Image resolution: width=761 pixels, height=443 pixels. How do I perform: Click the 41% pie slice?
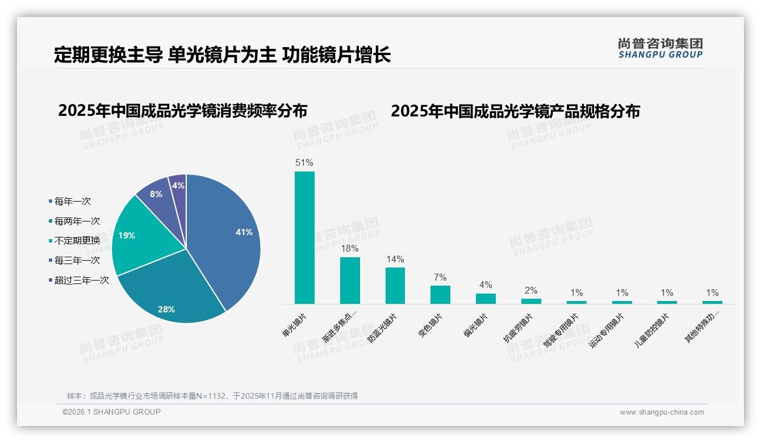coord(227,233)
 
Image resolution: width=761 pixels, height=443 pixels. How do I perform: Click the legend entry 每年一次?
coord(72,201)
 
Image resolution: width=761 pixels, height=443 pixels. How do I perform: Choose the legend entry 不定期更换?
coord(77,240)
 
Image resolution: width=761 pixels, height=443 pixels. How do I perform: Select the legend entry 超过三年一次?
coord(81,280)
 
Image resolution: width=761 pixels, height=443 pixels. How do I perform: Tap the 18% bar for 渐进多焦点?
coord(350,281)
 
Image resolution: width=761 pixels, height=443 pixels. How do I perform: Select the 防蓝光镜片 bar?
coord(395,286)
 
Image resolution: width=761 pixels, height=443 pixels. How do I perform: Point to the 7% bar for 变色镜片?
coord(440,295)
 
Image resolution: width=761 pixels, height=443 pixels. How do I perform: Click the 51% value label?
coord(304,163)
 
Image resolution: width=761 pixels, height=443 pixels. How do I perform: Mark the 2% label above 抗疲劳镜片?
coord(531,291)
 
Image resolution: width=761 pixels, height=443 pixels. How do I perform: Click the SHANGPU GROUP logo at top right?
coord(660,48)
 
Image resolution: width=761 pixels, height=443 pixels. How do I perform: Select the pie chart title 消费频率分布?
coord(182,111)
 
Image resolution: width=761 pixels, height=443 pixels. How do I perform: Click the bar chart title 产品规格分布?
coord(515,111)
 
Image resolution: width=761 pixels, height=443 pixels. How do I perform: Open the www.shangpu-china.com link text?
coord(662,412)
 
